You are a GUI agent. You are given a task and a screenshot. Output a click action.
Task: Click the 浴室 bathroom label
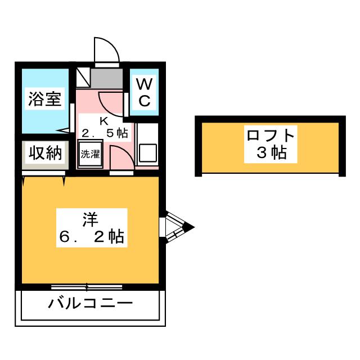[45, 99]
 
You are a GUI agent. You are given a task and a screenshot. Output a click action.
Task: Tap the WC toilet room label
[145, 92]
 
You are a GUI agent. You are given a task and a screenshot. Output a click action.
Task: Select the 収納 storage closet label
[46, 152]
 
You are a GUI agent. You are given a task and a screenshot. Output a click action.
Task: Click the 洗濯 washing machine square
[90, 154]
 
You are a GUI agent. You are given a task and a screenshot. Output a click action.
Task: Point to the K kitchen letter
[103, 121]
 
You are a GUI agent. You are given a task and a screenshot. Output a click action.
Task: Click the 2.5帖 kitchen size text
[105, 133]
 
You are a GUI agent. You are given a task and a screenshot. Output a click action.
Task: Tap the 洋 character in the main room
[91, 220]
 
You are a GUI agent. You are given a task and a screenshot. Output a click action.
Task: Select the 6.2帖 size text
[92, 236]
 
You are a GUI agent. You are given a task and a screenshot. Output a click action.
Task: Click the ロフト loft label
[271, 135]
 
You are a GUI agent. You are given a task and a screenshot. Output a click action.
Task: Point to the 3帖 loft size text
[272, 152]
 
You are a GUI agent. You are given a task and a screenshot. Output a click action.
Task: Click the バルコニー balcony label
[90, 303]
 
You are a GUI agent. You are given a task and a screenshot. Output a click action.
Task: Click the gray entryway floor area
[107, 78]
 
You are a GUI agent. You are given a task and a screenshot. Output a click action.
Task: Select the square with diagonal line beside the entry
[83, 78]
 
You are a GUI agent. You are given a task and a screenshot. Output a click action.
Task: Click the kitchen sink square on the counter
[148, 152]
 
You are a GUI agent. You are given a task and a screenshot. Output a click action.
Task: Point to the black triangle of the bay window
[189, 227]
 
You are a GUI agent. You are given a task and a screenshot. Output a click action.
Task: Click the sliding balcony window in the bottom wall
[87, 287]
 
